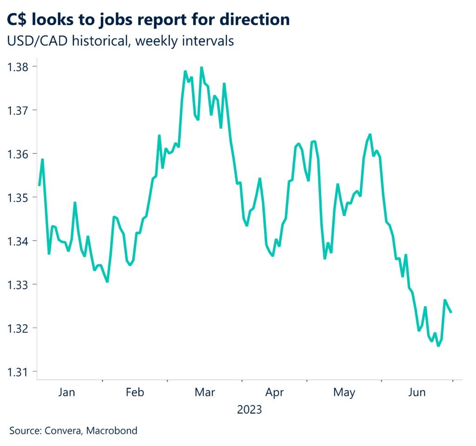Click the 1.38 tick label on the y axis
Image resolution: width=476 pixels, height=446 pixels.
18,67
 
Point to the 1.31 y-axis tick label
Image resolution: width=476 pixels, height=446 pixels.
18,372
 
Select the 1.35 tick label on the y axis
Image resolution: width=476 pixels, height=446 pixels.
18,197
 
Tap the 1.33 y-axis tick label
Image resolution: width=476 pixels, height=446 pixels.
18,284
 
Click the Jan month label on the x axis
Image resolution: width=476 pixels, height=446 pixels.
66,392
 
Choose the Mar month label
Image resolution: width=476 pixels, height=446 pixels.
205,392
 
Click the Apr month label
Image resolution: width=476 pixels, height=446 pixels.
274,392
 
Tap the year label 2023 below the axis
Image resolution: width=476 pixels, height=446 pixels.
249,410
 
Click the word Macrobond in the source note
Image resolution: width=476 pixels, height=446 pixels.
114,431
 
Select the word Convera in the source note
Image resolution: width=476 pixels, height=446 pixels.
63,431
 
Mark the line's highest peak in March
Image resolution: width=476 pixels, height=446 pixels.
201,68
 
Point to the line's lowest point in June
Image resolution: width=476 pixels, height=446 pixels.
438,346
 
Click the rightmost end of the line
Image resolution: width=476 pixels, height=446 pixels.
451,312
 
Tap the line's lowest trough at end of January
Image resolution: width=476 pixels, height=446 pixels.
107,282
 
